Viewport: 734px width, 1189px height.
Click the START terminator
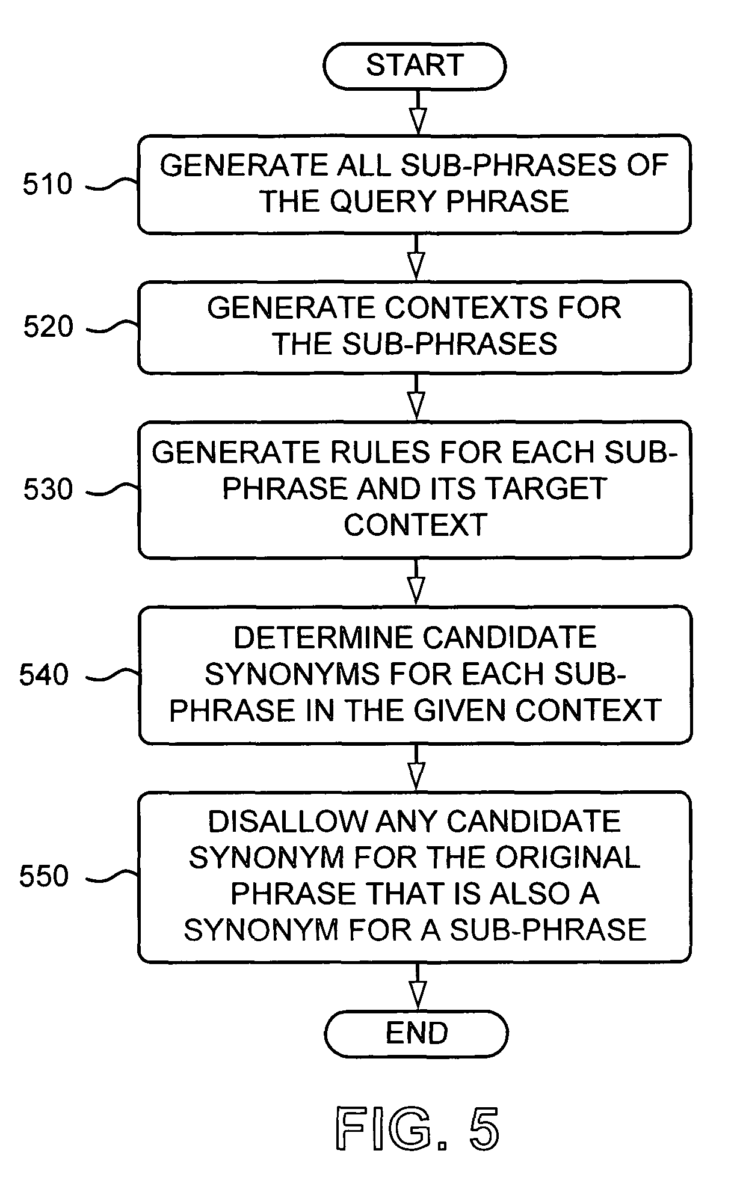tap(415, 66)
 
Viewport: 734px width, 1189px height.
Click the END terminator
tap(416, 1033)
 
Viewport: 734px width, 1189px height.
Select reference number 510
tap(48, 184)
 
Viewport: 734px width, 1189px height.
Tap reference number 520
tap(48, 327)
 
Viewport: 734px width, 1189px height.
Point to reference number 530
tap(48, 489)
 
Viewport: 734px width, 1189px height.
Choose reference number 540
tap(45, 675)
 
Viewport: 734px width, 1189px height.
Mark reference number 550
tap(45, 876)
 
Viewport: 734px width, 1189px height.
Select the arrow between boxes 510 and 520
tap(416, 257)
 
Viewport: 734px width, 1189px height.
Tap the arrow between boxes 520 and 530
tap(416, 397)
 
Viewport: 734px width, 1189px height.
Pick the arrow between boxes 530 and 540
tap(416, 582)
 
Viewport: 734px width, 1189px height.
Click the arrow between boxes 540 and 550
tap(416, 767)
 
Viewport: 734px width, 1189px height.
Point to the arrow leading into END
tap(417, 986)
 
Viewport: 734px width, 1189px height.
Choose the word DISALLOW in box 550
tap(287, 822)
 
